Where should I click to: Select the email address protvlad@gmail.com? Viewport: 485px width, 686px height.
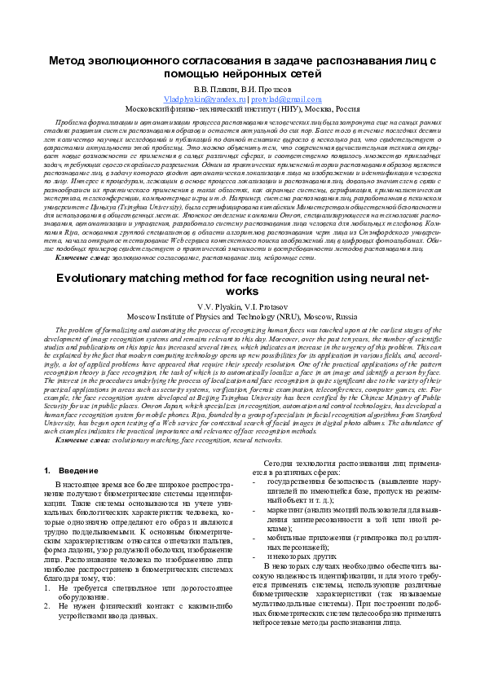(x=275, y=97)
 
